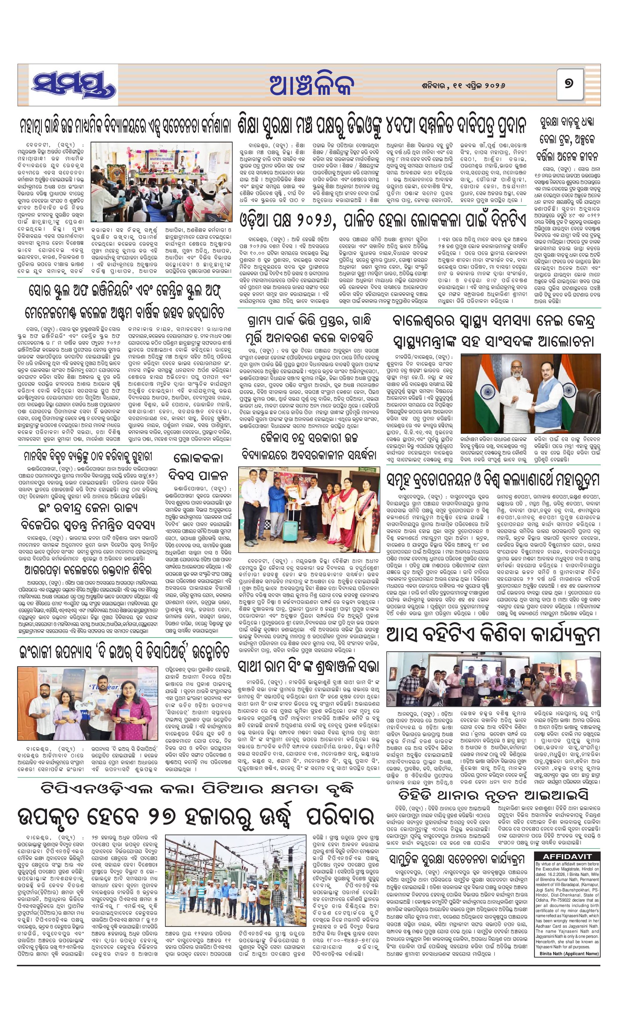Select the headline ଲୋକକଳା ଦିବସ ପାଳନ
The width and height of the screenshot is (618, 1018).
coord(198,466)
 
